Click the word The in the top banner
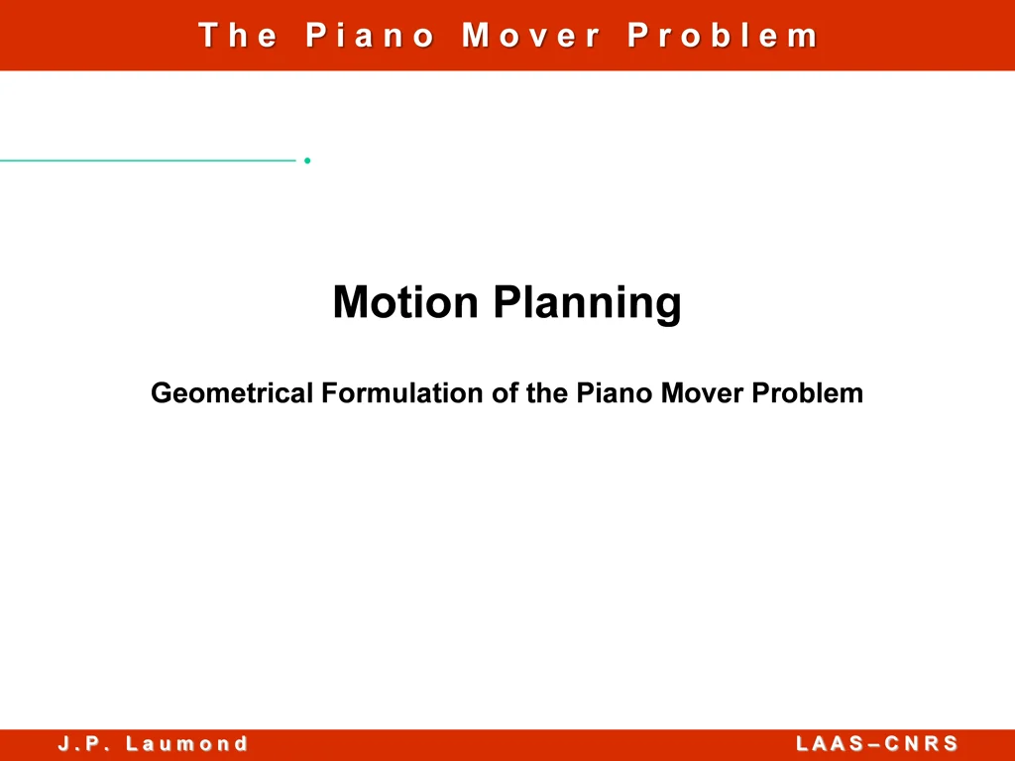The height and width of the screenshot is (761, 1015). point(238,36)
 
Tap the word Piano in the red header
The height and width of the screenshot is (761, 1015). point(371,36)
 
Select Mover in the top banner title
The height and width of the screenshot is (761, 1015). point(531,36)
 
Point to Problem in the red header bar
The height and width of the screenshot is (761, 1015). point(723,36)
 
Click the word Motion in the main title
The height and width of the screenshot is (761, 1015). point(405,302)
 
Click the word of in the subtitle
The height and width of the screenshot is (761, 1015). point(506,393)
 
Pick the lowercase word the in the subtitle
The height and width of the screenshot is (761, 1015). point(548,393)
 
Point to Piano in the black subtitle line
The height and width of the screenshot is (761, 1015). point(615,393)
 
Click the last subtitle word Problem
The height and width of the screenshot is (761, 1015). point(808,393)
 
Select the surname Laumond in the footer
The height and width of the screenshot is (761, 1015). point(187,744)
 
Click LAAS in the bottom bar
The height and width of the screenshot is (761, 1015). point(829,744)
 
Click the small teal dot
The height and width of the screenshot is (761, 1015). point(308,160)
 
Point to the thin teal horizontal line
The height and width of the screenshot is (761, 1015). point(149,160)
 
